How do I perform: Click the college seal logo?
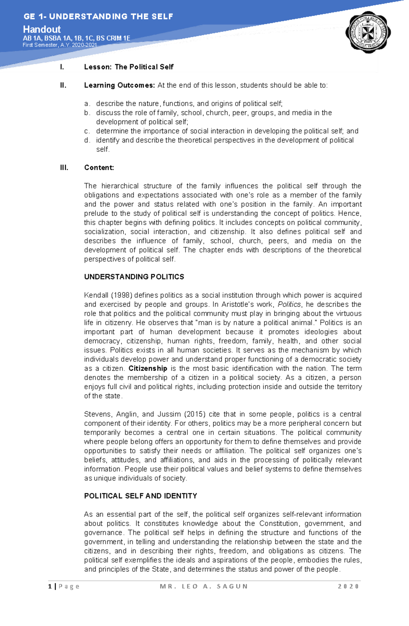(x=368, y=33)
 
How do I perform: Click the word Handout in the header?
(x=42, y=29)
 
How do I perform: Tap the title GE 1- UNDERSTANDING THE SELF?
(x=98, y=16)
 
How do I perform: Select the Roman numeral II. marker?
(x=63, y=85)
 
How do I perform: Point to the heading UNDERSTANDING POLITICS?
(x=134, y=277)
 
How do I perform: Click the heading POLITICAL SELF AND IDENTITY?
(x=140, y=496)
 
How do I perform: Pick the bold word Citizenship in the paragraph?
(x=148, y=368)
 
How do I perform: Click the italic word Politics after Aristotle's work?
(x=289, y=304)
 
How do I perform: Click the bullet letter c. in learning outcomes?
(x=87, y=131)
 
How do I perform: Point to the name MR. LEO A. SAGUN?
(x=203, y=586)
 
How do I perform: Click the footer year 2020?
(x=348, y=586)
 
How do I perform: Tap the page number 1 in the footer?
(x=50, y=586)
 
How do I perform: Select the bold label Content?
(x=99, y=168)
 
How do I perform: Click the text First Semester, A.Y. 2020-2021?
(x=60, y=45)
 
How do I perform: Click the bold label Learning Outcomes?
(x=119, y=85)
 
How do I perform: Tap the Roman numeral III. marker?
(x=64, y=168)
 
